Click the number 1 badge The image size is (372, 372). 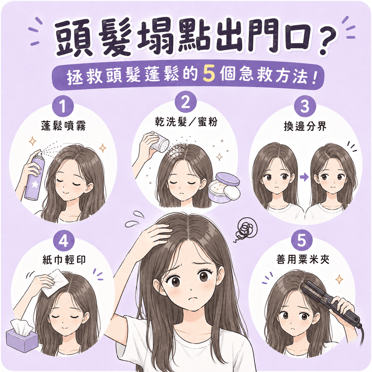coord(63,106)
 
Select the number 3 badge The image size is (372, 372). coord(305,106)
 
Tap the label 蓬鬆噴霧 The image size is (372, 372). coord(63,126)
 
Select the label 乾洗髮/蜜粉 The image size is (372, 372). coord(186,122)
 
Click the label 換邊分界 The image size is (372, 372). coord(305,126)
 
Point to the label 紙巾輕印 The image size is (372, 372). coord(64,260)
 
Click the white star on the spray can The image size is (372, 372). coord(35,184)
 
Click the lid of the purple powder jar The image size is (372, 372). coord(228,179)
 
